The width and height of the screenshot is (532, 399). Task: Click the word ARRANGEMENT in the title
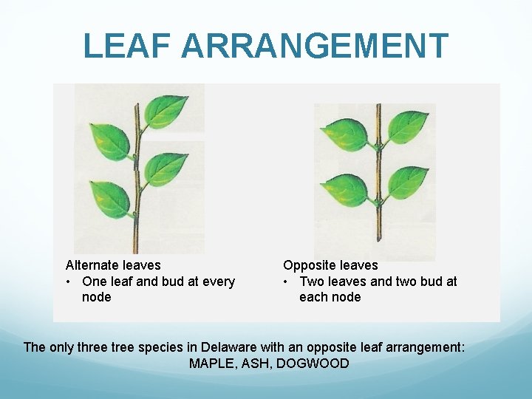click(314, 46)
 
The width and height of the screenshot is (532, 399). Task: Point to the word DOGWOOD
click(316, 364)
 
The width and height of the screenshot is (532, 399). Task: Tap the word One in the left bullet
click(95, 282)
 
